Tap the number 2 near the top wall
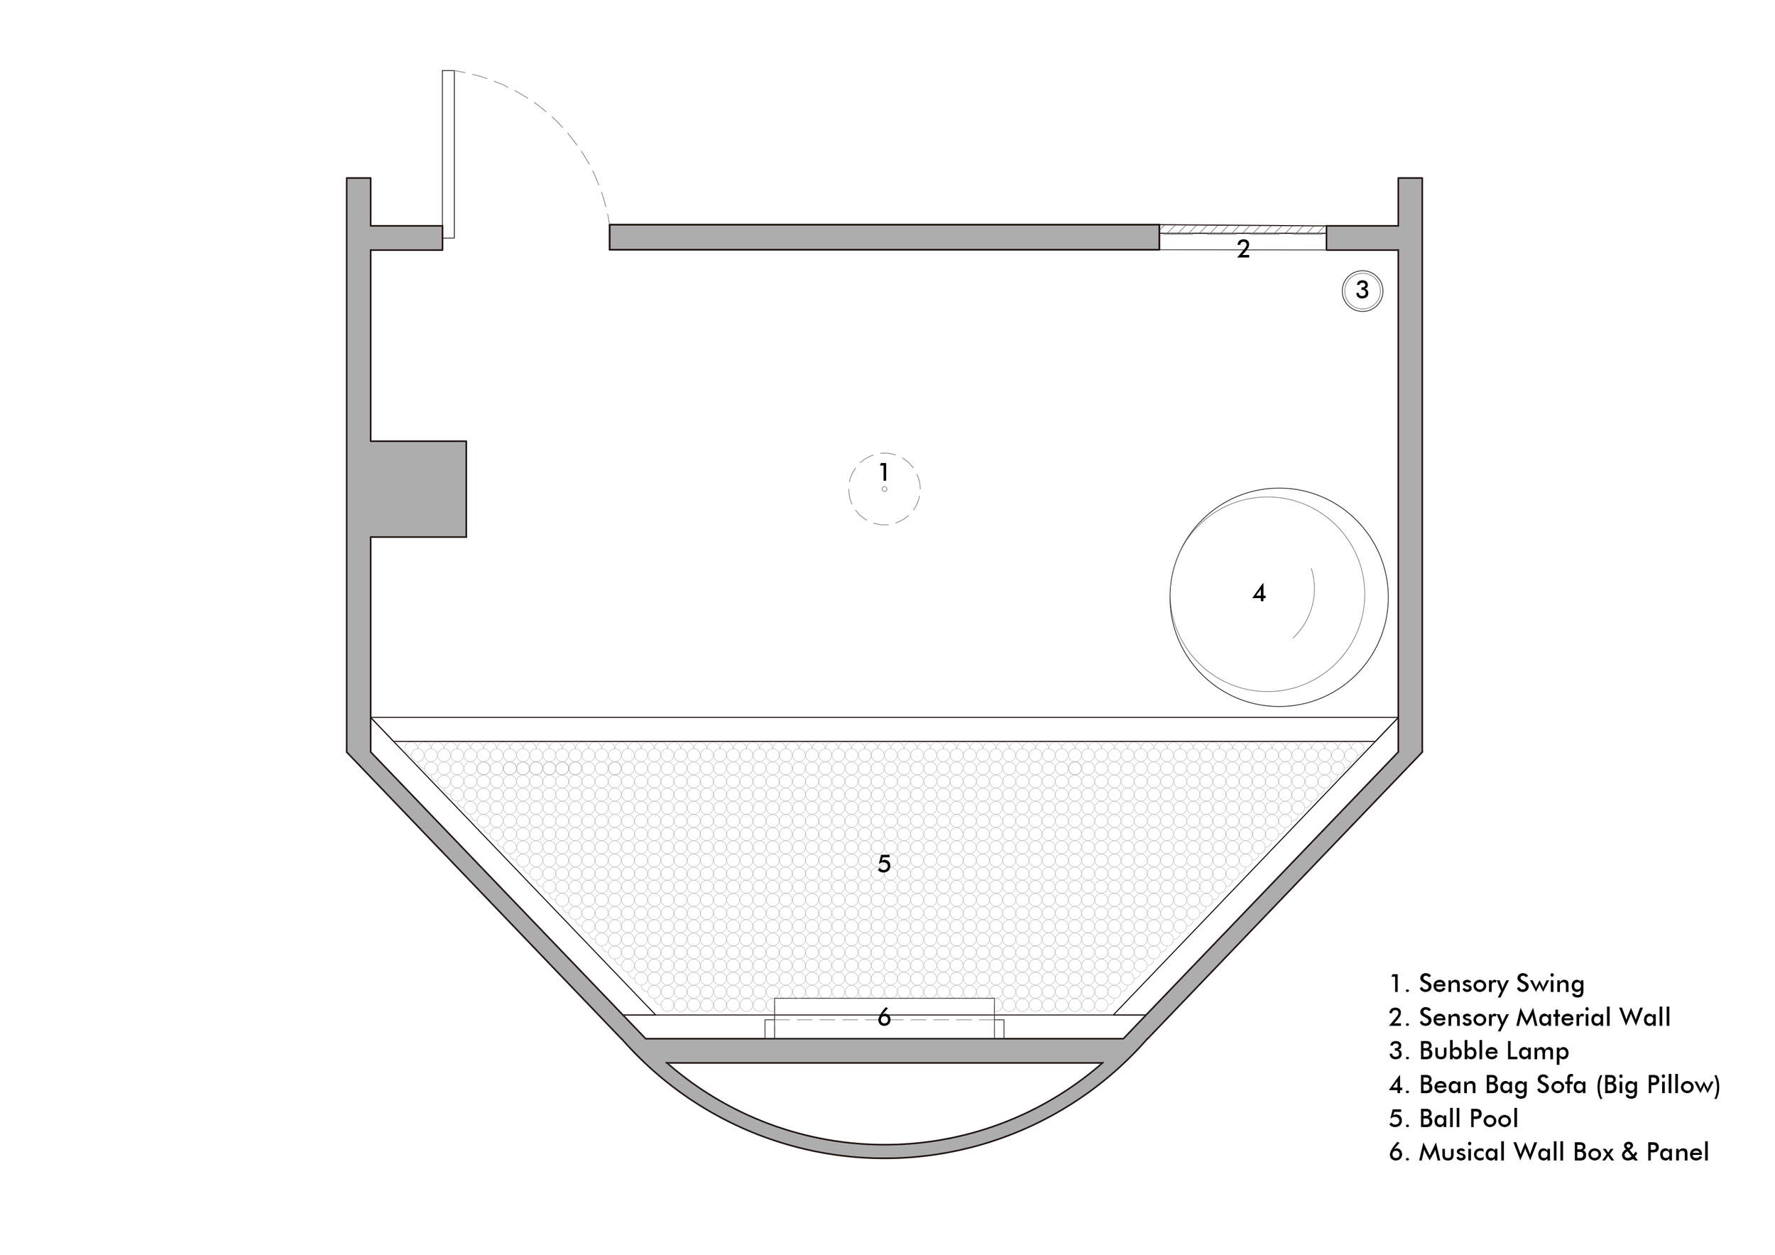click(1243, 249)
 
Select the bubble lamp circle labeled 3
click(1362, 290)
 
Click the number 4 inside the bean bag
click(1260, 593)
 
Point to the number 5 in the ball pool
click(885, 864)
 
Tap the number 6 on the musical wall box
click(885, 1018)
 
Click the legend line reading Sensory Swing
click(1487, 984)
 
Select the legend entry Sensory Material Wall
click(1530, 1017)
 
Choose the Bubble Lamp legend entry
click(1479, 1051)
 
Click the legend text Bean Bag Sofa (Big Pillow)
click(1555, 1085)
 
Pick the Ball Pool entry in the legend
click(1453, 1118)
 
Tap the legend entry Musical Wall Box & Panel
click(1549, 1152)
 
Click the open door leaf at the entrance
click(449, 154)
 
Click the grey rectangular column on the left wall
click(418, 489)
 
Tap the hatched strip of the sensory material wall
click(1242, 229)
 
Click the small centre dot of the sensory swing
click(885, 489)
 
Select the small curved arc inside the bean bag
click(1305, 603)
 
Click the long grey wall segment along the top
click(885, 237)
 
